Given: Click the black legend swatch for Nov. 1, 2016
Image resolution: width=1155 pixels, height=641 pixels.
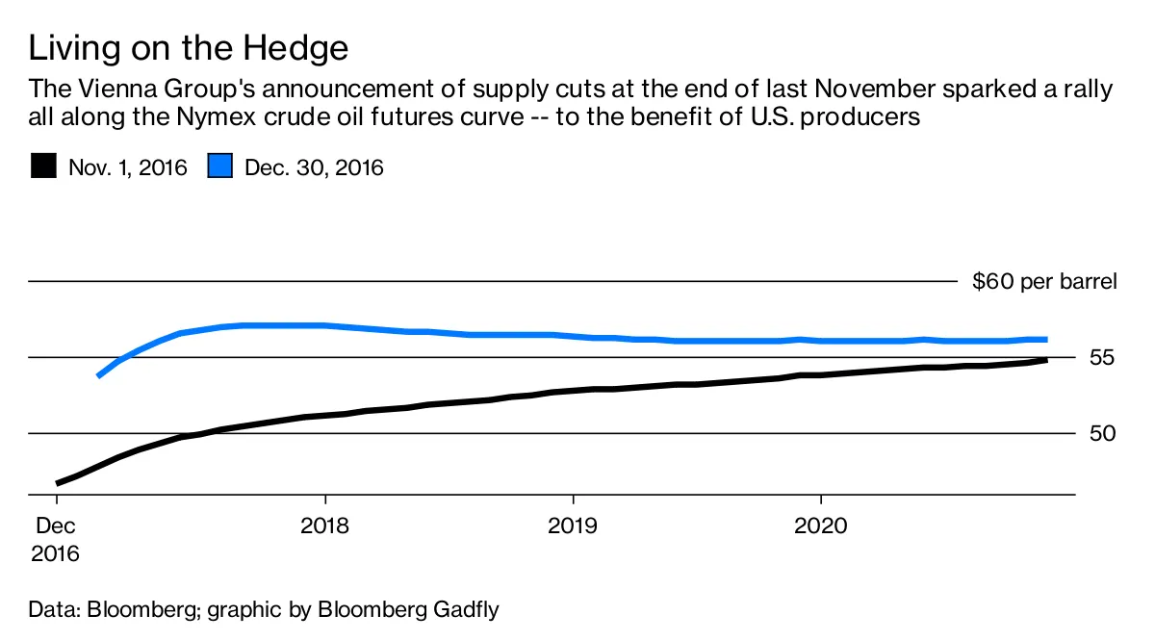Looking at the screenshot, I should pyautogui.click(x=43, y=167).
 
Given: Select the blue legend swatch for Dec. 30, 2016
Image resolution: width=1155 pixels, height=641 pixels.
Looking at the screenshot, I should pyautogui.click(x=220, y=167).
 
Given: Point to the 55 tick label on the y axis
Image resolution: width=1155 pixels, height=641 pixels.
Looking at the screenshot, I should pyautogui.click(x=1102, y=358).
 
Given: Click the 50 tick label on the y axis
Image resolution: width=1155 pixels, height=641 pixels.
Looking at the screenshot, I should pyautogui.click(x=1102, y=433).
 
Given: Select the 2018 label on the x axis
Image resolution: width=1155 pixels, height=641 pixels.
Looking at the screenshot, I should pyautogui.click(x=325, y=526).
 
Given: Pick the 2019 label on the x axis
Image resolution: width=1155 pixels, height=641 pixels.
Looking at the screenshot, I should pyautogui.click(x=573, y=526).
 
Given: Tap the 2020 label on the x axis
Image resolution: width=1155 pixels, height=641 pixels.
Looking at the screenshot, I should pyautogui.click(x=820, y=526).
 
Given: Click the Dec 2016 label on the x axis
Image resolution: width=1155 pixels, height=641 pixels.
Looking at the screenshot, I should pyautogui.click(x=56, y=540).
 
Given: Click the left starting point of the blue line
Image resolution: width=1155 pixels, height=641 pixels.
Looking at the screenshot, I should pyautogui.click(x=98, y=375).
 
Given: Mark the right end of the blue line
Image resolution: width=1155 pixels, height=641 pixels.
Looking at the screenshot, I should pyautogui.click(x=1046, y=339).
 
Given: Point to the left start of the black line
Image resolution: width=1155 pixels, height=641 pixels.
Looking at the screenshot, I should pyautogui.click(x=58, y=482).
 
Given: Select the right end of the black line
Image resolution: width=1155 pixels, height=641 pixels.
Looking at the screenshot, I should pyautogui.click(x=1046, y=360).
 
